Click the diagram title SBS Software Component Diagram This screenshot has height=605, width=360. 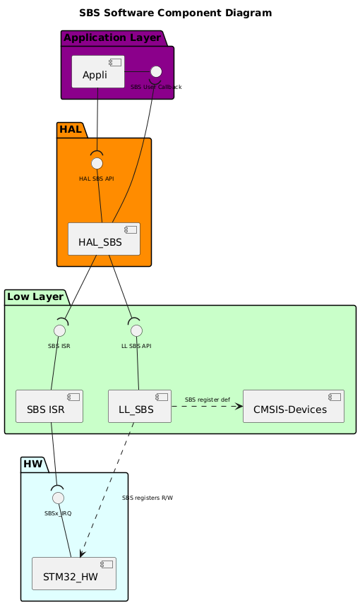click(175, 13)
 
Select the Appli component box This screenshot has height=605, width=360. click(98, 71)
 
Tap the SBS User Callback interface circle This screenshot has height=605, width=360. click(156, 71)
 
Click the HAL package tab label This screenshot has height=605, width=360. click(71, 129)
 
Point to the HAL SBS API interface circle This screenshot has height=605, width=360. click(97, 164)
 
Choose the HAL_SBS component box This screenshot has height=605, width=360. click(104, 239)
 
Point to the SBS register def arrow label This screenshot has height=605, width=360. click(208, 400)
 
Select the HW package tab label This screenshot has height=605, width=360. click(34, 464)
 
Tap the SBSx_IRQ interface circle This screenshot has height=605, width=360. click(59, 498)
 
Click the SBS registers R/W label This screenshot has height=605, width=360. click(148, 498)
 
